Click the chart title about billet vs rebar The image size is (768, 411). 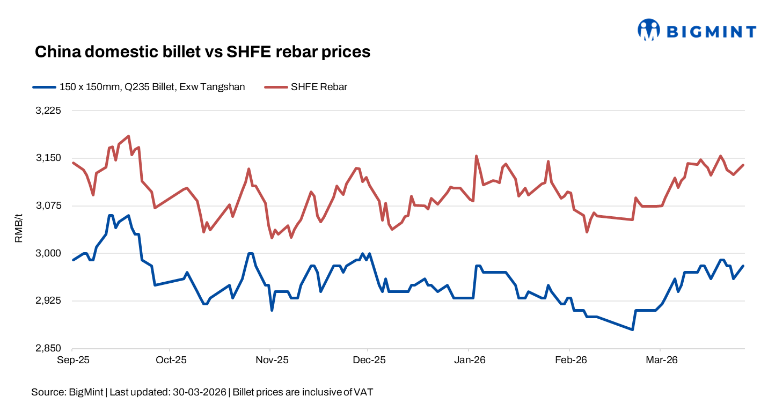[202, 52]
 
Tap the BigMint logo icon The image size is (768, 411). [648, 30]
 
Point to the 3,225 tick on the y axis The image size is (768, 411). [49, 111]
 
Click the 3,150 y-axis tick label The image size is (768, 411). [49, 158]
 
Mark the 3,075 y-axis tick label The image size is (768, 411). [49, 206]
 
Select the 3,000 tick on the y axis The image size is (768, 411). [49, 253]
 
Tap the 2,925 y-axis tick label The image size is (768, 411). [49, 301]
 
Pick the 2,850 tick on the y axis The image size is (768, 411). [49, 349]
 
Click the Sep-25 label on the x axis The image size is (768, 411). [72, 360]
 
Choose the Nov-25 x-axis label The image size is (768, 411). [272, 360]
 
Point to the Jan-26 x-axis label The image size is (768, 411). [470, 360]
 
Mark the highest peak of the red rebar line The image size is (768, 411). [128, 136]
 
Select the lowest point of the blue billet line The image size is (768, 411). [633, 329]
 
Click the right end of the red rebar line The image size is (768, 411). [743, 165]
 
